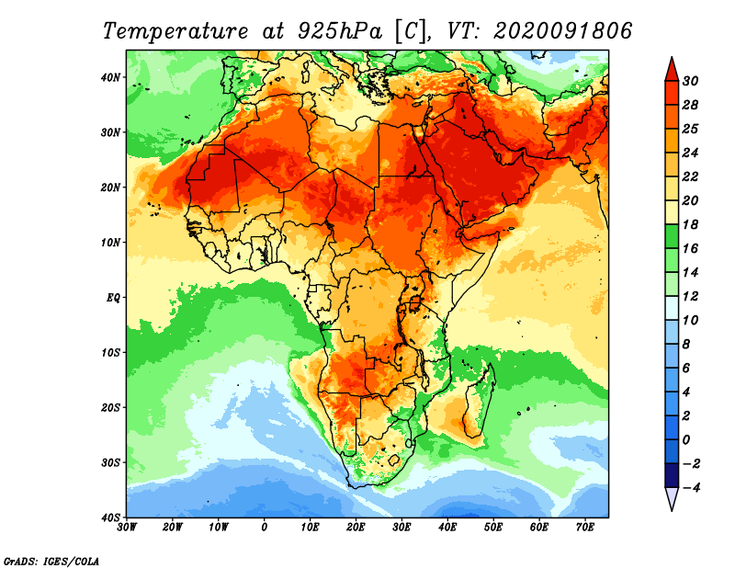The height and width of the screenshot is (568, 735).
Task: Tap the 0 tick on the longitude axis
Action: coord(265,527)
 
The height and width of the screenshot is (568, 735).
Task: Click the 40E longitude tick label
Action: coord(447,527)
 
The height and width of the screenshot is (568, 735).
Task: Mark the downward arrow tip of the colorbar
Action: coord(672,507)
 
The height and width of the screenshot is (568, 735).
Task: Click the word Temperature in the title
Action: coord(175,30)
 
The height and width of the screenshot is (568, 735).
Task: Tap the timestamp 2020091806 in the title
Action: coord(562,30)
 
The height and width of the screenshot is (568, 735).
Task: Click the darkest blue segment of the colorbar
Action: coord(672,475)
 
